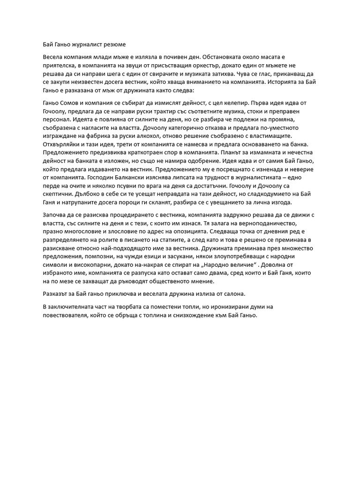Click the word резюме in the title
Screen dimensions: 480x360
coord(113,45)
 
